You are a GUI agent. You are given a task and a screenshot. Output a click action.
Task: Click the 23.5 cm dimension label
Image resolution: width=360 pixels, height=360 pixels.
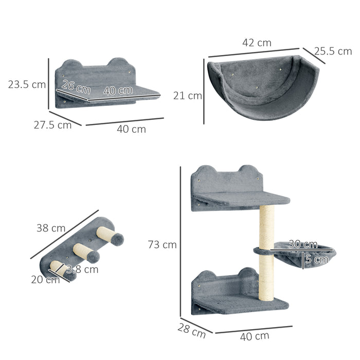27,84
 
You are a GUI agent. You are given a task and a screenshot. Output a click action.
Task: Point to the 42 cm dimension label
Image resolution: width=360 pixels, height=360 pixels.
256,43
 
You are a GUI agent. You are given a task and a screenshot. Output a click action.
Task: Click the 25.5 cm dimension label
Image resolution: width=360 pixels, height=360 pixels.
333,51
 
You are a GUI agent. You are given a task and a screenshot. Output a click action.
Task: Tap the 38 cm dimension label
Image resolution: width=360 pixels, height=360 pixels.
51,228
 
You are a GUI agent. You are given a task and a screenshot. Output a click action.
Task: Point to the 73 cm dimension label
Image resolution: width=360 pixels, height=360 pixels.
163,245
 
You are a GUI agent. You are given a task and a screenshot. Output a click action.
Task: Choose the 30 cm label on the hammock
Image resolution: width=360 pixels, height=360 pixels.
302,244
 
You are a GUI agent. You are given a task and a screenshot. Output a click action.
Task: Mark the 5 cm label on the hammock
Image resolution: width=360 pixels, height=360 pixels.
315,259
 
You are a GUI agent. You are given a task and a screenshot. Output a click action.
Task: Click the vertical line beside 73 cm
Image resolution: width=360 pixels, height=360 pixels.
181,242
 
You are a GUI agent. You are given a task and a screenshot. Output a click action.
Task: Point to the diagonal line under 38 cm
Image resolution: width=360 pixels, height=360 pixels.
64,235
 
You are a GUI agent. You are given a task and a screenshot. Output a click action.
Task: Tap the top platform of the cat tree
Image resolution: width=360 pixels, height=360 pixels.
242,197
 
